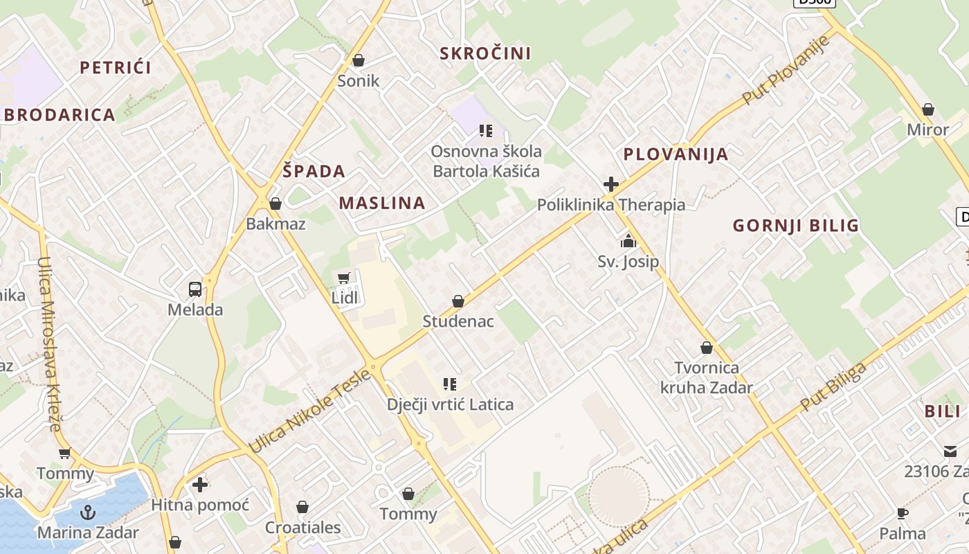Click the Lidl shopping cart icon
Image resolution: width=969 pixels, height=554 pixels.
(343, 278)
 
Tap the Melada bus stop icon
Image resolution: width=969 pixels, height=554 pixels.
(195, 289)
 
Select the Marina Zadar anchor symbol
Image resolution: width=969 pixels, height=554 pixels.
(88, 512)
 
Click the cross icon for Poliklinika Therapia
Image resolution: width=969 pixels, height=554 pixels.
(610, 184)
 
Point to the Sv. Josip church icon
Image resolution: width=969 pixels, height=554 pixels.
(628, 241)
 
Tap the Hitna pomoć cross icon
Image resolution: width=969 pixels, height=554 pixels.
(200, 484)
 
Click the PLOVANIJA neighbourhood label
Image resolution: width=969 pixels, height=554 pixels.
(676, 154)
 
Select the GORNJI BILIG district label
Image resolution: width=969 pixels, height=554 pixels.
(796, 225)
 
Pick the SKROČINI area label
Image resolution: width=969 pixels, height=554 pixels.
(485, 53)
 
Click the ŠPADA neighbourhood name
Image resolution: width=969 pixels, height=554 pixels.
(314, 171)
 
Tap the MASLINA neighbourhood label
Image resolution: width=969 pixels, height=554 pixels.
(382, 203)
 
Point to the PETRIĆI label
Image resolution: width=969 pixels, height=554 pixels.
(115, 67)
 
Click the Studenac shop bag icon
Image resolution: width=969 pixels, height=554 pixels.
(458, 301)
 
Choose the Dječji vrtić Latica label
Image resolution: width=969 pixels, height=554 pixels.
(450, 404)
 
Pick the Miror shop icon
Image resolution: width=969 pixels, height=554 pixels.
(928, 109)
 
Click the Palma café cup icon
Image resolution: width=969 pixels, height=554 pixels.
(903, 513)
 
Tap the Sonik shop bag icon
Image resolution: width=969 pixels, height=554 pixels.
(359, 60)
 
